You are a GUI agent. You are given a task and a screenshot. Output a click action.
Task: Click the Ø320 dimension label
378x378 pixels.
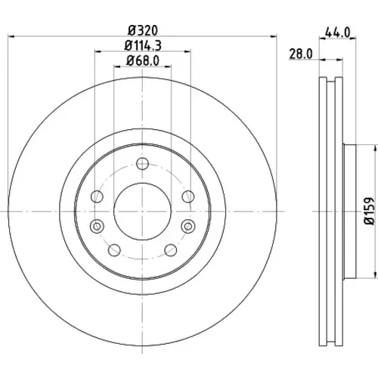point(143,30)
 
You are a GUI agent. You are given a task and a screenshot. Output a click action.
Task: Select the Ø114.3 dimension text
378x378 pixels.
point(143,45)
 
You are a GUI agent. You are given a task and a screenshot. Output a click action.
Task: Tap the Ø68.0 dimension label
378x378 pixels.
point(143,60)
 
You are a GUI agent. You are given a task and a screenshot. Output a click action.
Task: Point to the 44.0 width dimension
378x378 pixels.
point(338,32)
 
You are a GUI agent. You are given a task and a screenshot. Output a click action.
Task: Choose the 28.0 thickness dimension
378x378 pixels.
point(301,54)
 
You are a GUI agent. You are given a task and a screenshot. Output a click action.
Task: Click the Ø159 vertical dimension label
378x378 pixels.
point(370,211)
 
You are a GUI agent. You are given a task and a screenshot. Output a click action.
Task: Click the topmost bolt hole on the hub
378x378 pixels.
point(142,164)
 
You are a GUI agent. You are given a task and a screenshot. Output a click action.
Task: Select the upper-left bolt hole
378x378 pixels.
point(97,197)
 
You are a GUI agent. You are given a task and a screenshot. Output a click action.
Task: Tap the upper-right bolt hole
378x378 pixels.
point(188,197)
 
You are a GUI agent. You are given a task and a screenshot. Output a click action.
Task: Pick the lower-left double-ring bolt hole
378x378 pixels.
point(97,226)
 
